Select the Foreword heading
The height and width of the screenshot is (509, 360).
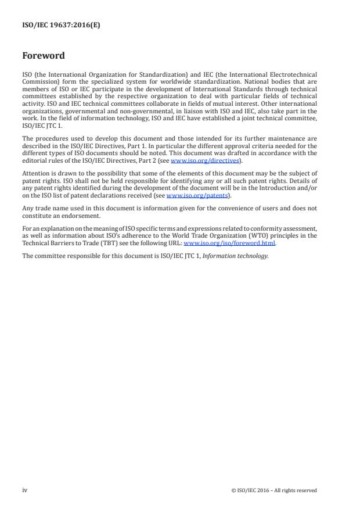tap(44, 56)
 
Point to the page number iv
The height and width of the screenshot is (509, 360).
tap(24, 490)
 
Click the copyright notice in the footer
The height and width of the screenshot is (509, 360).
tap(274, 490)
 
